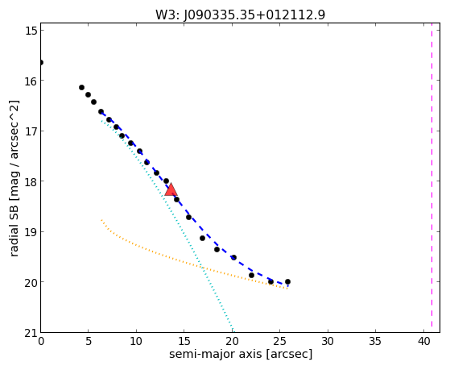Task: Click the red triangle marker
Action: [171, 189]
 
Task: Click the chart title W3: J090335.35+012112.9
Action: [241, 15]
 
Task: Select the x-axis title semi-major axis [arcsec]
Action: [241, 354]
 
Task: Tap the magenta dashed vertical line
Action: [431, 177]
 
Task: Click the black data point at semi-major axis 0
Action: [41, 62]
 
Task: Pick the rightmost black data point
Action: [287, 282]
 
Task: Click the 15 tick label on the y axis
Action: [31, 30]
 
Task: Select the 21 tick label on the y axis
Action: [31, 334]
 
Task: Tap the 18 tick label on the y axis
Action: [31, 181]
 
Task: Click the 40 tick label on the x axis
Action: [423, 342]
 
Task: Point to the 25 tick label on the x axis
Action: [280, 342]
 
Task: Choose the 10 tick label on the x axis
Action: [136, 342]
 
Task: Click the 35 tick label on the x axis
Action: [376, 342]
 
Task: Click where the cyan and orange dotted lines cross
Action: [203, 268]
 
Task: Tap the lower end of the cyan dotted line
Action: [233, 331]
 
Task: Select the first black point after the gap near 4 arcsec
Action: [81, 87]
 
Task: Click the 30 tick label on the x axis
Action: [328, 342]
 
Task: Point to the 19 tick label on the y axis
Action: [31, 232]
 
